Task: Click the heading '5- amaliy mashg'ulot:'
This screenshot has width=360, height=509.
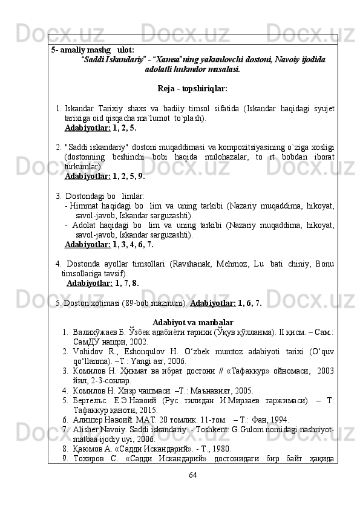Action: (x=93, y=50)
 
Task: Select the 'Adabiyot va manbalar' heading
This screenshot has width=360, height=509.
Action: (x=193, y=322)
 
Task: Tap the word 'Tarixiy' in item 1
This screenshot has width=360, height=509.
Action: (x=109, y=108)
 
